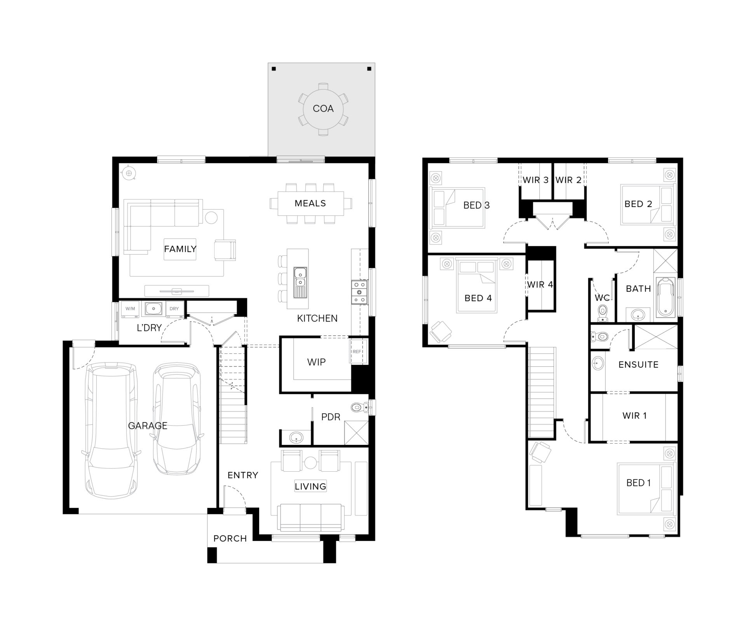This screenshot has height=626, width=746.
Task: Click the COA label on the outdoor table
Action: tap(323, 108)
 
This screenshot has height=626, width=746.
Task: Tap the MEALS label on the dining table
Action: tap(310, 203)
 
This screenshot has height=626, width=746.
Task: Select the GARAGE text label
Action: tap(148, 426)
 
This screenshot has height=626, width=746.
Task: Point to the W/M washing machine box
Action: tap(131, 309)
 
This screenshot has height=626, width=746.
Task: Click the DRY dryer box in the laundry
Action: tap(174, 309)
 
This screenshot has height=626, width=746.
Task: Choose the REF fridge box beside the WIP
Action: tap(357, 351)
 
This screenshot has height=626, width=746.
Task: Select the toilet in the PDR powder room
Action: tap(361, 407)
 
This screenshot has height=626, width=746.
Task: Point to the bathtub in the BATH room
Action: tap(666, 297)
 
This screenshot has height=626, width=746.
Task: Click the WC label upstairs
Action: tap(602, 298)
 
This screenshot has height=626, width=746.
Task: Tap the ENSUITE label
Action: tap(638, 364)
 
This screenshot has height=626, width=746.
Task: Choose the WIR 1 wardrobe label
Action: tap(634, 415)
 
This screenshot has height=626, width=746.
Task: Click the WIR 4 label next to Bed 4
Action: tap(540, 285)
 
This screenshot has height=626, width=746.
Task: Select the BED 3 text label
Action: tap(476, 205)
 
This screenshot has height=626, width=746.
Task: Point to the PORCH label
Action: tap(230, 539)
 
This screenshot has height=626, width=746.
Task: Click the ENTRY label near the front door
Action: tap(243, 475)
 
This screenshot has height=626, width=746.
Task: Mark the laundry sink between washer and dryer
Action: tap(154, 309)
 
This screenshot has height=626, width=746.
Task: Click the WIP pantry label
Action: tap(316, 362)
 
